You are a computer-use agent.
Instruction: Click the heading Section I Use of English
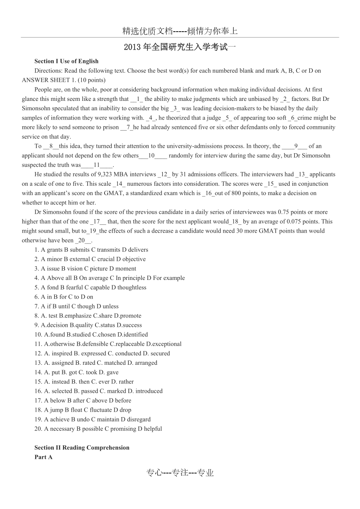tap(67, 61)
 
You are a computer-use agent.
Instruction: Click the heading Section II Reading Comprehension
tap(82, 448)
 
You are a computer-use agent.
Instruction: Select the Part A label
tap(43, 457)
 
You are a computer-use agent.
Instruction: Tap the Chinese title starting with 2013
tap(180, 47)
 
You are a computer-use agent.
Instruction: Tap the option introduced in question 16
tap(148, 391)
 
